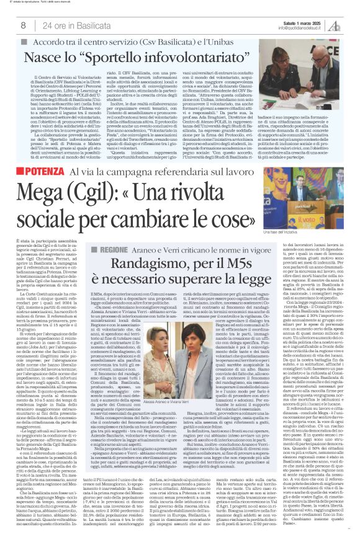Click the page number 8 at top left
click(22, 25)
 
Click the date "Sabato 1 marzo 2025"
click(299, 23)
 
